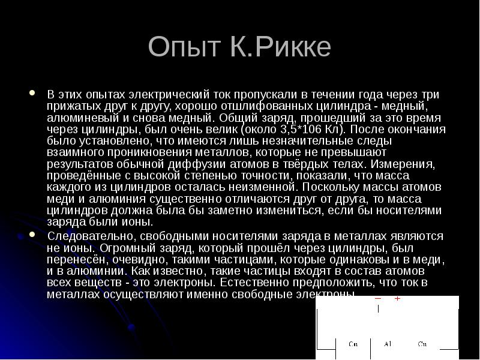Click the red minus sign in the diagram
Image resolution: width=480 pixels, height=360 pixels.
tap(378, 298)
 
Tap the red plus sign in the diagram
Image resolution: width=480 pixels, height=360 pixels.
tap(397, 298)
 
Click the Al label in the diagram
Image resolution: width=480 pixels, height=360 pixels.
tap(388, 344)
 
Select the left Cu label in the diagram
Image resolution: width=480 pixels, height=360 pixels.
tap(353, 344)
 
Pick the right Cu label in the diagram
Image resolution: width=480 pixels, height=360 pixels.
tap(422, 344)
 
